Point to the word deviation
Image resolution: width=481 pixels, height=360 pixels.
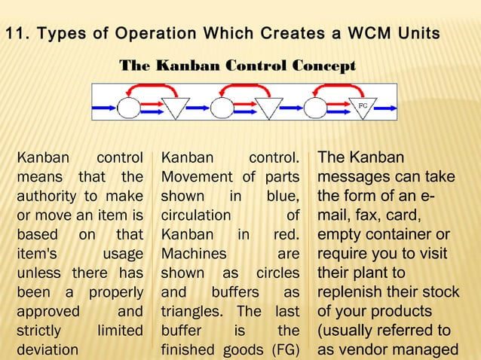[x=47, y=349]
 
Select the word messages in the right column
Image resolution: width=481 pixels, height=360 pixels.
[x=354, y=177]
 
